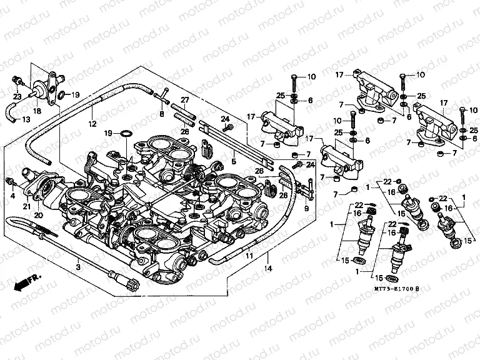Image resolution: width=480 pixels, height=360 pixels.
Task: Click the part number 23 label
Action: [x=16, y=97]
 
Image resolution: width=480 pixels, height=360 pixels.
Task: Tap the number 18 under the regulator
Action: [x=37, y=110]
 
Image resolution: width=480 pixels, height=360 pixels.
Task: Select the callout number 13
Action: [x=26, y=119]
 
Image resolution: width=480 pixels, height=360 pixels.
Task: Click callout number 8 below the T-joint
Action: [x=161, y=115]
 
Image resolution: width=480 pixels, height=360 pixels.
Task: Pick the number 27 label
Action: [x=184, y=100]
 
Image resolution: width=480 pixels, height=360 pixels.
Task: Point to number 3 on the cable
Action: [x=78, y=267]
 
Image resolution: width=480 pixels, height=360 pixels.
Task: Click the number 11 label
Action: [x=248, y=256]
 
